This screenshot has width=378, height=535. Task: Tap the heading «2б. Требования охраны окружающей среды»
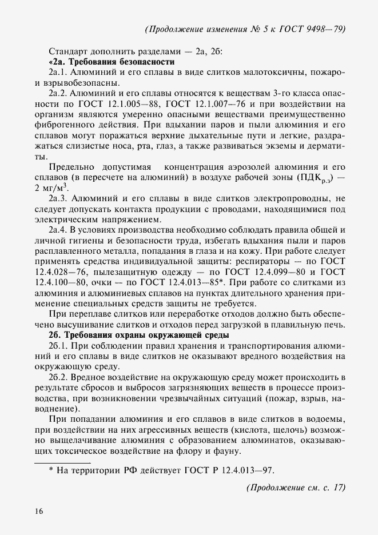[140, 334]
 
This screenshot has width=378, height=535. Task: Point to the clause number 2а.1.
[59, 72]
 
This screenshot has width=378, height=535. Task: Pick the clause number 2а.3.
[59, 198]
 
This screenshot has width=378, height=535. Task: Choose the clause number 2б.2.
[59, 378]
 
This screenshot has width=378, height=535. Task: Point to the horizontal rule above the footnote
[63, 462]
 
